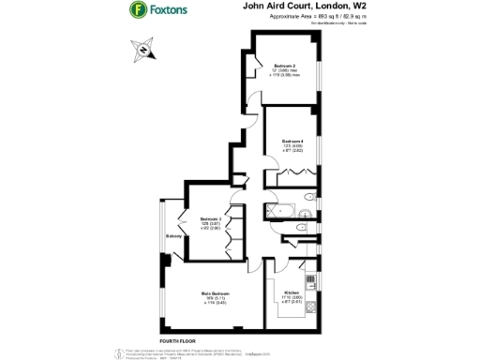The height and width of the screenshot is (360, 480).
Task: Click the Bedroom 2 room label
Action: pyautogui.click(x=285, y=66)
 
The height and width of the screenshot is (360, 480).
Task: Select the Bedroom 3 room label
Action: pyautogui.click(x=210, y=218)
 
